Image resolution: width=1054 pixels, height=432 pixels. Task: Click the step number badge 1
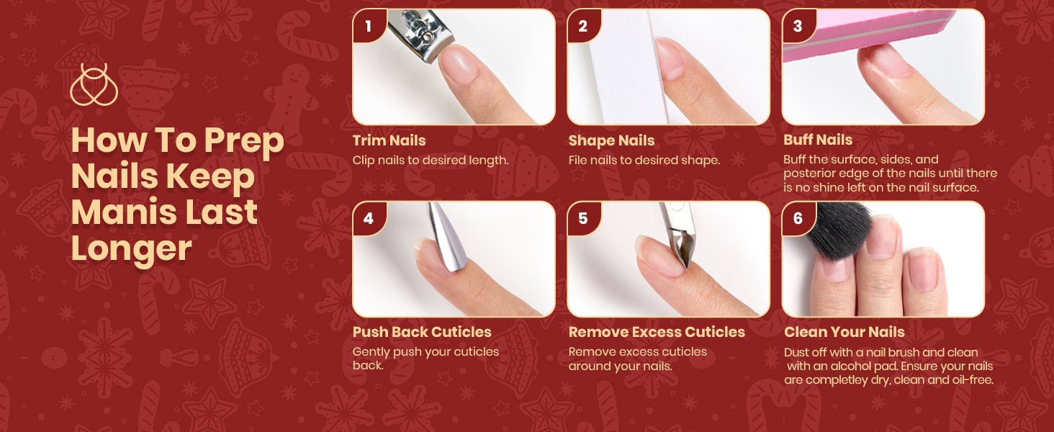(x=369, y=26)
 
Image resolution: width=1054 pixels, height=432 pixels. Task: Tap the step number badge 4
(x=369, y=218)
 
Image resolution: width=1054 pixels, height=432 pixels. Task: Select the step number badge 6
(x=798, y=218)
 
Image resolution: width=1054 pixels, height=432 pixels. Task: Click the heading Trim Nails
(x=389, y=140)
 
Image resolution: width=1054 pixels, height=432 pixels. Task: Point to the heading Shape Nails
(x=611, y=140)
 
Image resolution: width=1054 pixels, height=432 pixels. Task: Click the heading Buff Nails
(x=818, y=140)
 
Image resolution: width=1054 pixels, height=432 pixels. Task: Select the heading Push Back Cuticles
(x=422, y=332)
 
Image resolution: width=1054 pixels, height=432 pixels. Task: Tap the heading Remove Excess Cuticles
(x=657, y=332)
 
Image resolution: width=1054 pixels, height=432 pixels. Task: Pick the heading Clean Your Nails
(x=844, y=332)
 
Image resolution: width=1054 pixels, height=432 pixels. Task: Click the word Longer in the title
(x=131, y=248)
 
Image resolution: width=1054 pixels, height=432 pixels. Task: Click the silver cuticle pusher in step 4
(x=446, y=238)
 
